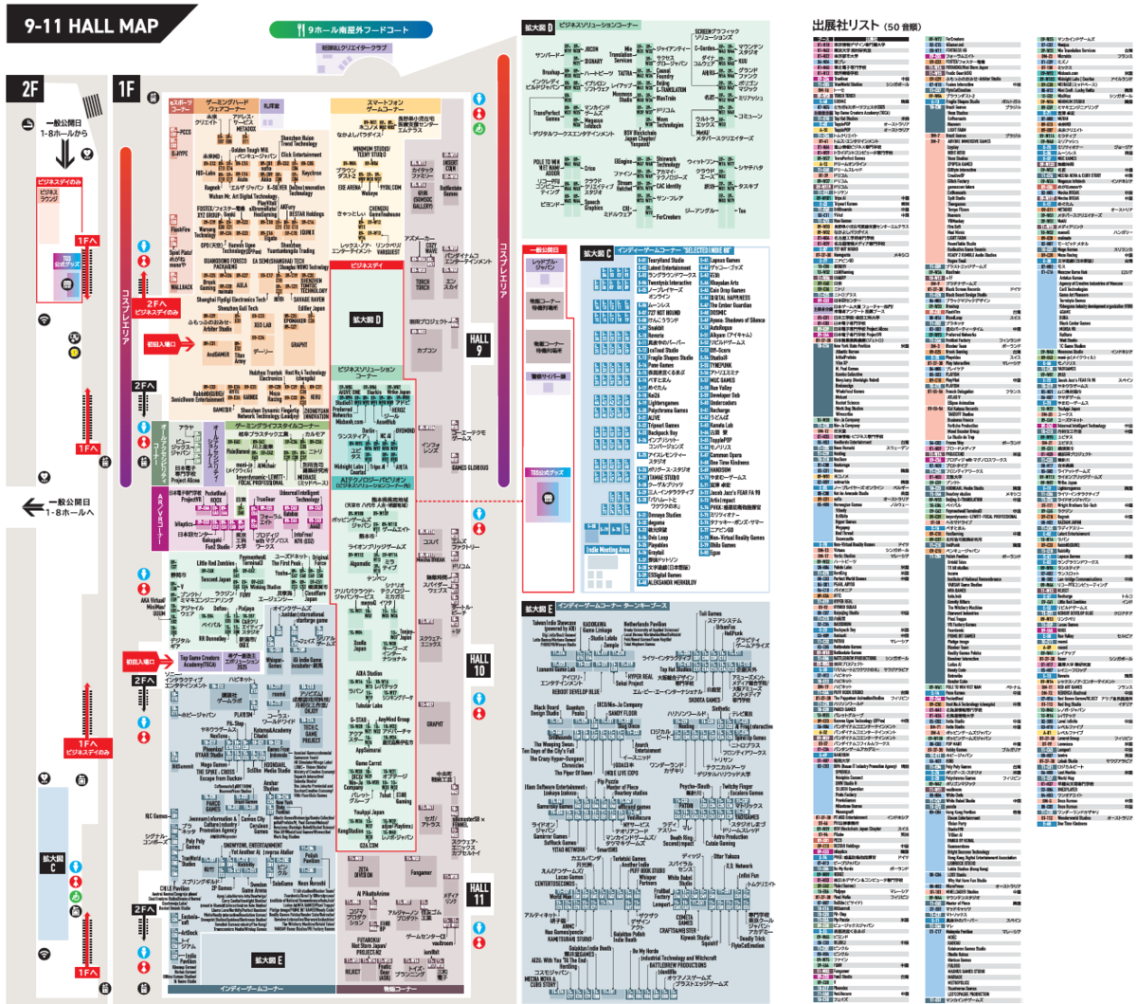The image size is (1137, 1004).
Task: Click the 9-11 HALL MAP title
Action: pos(91,26)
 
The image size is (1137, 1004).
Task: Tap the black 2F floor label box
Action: pos(30,89)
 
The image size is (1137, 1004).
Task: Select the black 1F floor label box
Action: pos(126,89)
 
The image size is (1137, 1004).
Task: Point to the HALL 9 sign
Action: pos(479,343)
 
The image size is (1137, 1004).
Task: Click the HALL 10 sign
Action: pos(479,665)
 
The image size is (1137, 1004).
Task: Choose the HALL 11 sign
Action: pos(479,894)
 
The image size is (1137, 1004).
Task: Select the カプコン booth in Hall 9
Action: pos(426,350)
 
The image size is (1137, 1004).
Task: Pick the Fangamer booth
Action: pos(421,872)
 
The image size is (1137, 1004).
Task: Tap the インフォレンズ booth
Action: pos(430,447)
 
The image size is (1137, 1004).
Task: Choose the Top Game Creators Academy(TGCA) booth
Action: pos(200,660)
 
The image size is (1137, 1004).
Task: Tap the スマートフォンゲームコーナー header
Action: pos(385,105)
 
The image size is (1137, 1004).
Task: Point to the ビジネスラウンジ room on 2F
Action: pos(48,194)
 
